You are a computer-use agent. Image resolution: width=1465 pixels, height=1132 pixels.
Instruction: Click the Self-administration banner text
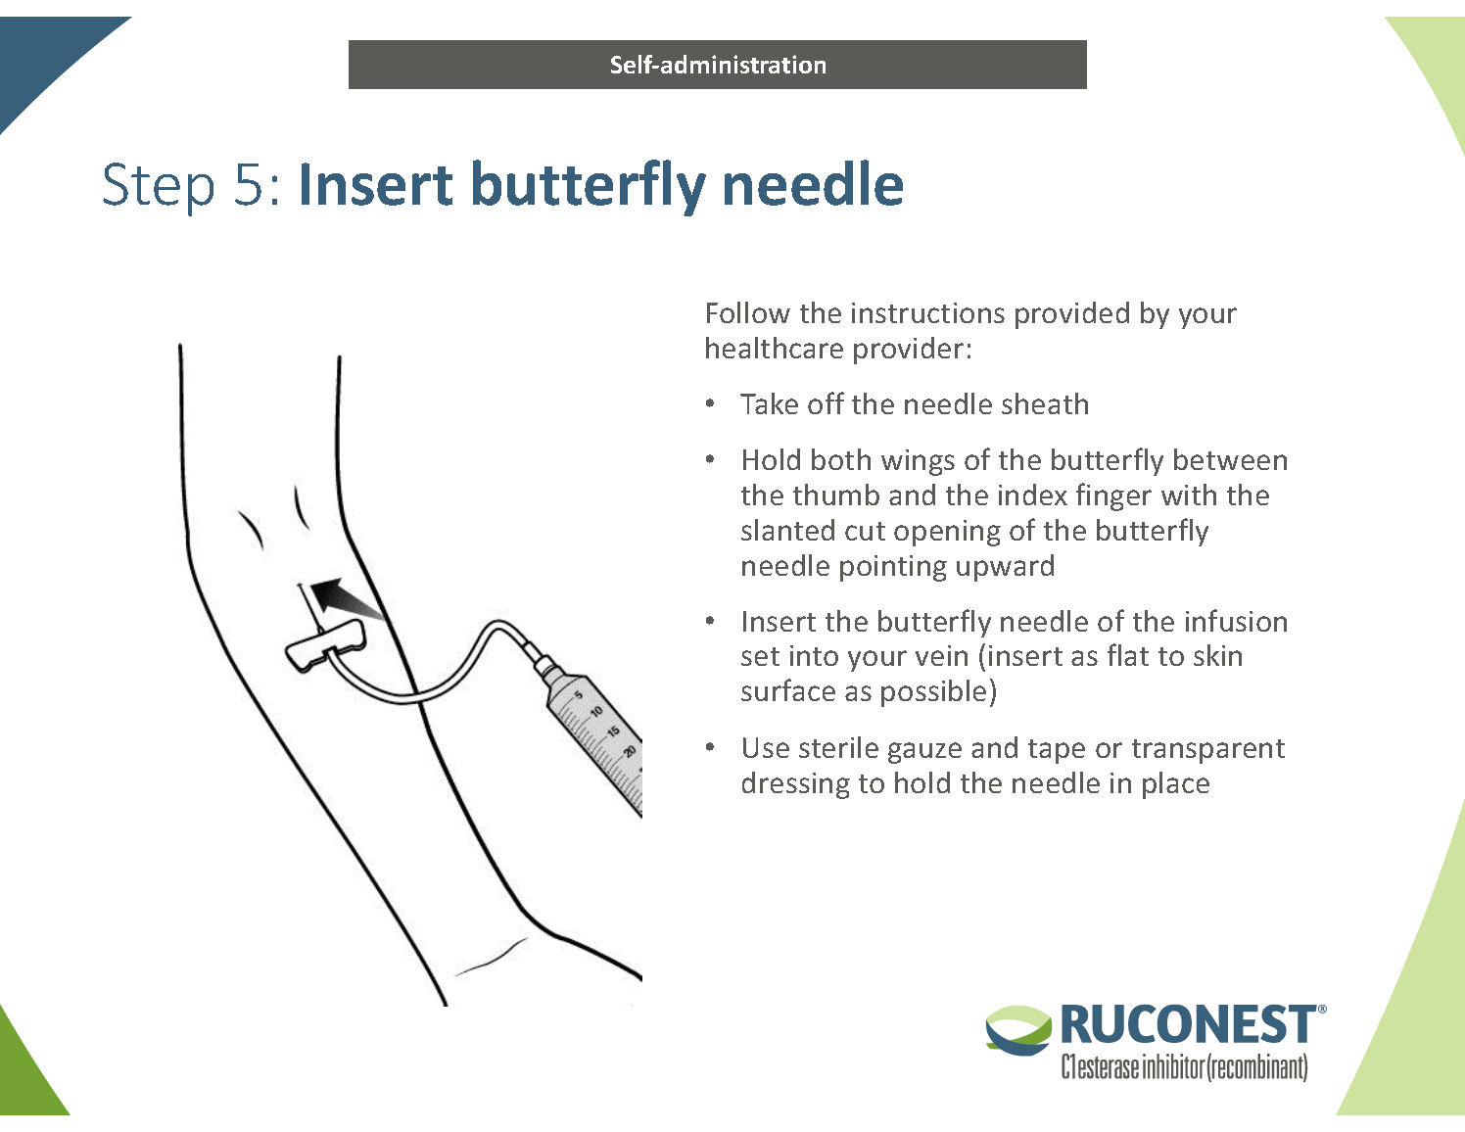[718, 65]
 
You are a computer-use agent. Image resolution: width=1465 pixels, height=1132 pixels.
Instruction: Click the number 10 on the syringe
[597, 712]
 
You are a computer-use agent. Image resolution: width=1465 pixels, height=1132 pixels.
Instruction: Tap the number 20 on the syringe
[629, 752]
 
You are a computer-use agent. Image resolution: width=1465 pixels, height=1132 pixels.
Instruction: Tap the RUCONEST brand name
[1188, 1025]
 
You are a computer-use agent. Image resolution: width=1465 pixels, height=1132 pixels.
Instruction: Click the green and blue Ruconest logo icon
[1018, 1029]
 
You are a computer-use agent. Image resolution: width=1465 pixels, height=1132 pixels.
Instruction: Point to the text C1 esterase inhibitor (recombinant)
[1184, 1066]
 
